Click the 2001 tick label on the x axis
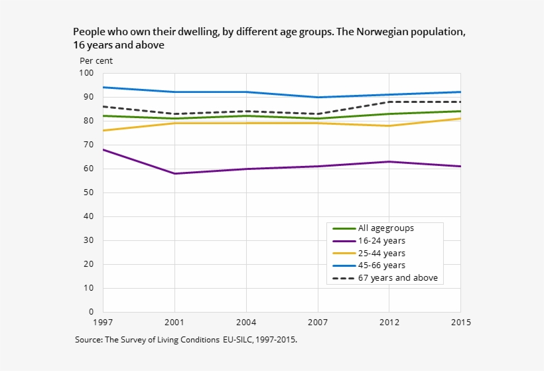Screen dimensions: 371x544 pyautogui.click(x=174, y=323)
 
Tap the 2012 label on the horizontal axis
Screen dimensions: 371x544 pyautogui.click(x=389, y=323)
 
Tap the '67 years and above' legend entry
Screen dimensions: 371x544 pyautogui.click(x=398, y=278)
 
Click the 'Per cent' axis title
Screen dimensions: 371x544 pyautogui.click(x=96, y=60)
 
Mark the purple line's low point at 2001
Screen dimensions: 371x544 pyautogui.click(x=174, y=173)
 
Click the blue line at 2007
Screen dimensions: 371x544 pyautogui.click(x=318, y=97)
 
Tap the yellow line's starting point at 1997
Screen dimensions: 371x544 pyautogui.click(x=103, y=130)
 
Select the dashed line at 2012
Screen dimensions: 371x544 pyautogui.click(x=389, y=102)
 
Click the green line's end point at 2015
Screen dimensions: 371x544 pyautogui.click(x=460, y=111)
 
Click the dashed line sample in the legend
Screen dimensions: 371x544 pyautogui.click(x=343, y=278)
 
